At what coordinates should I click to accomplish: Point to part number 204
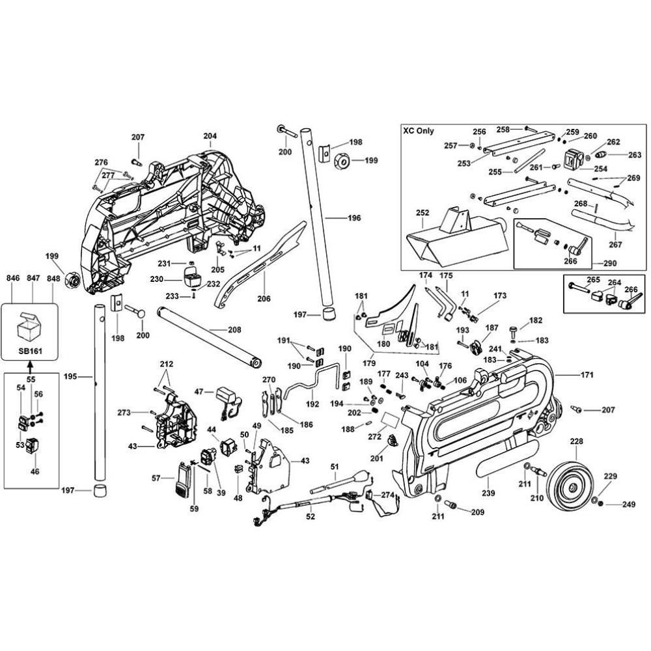click(x=210, y=137)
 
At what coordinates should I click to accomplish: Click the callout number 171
click(x=588, y=376)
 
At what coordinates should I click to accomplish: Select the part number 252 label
click(x=422, y=213)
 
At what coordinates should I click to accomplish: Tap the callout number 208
click(x=235, y=329)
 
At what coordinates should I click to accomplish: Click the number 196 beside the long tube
click(x=353, y=218)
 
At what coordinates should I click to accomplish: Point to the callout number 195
click(x=70, y=376)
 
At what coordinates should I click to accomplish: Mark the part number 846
click(x=13, y=279)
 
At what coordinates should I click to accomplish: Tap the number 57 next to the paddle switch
click(x=156, y=478)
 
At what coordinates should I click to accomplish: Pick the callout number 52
click(x=311, y=516)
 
